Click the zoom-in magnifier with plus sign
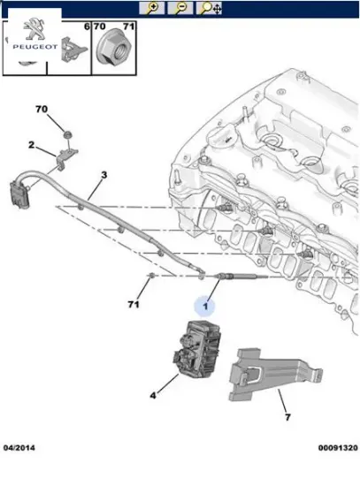(153, 8)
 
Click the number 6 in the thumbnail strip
(86, 28)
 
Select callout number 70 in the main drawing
(41, 110)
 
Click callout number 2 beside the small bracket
(31, 145)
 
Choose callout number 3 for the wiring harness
(103, 175)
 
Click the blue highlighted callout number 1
(205, 307)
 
